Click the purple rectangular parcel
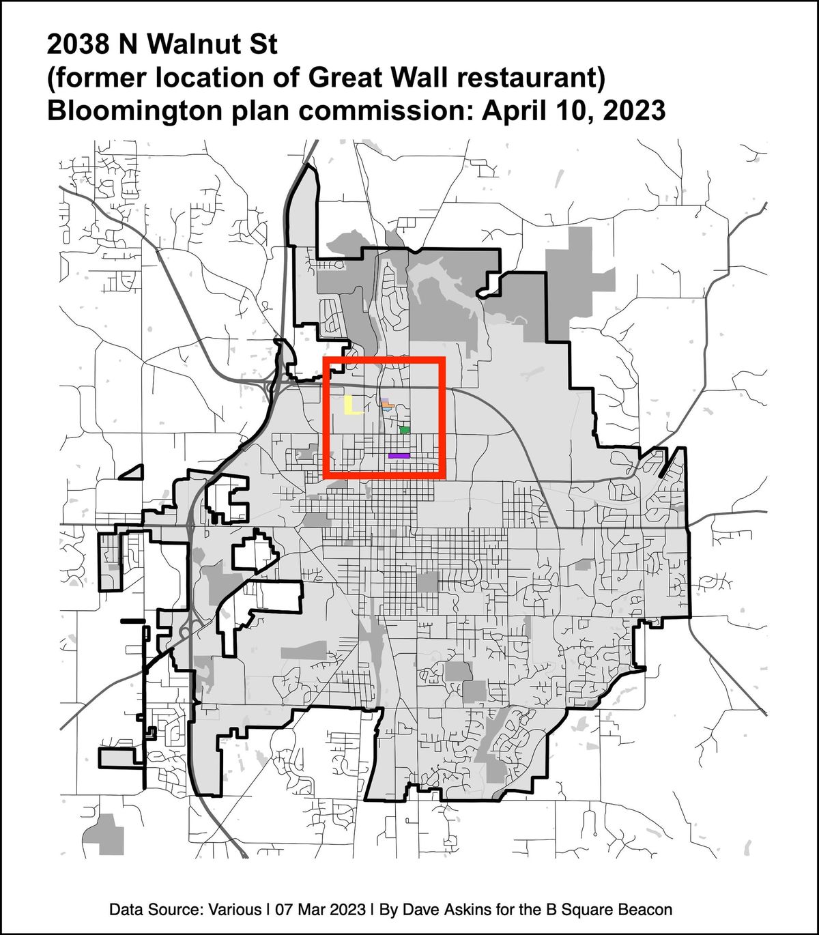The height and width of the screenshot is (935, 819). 399,455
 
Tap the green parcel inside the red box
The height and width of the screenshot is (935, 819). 405,430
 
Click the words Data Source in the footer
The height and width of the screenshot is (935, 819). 156,910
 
